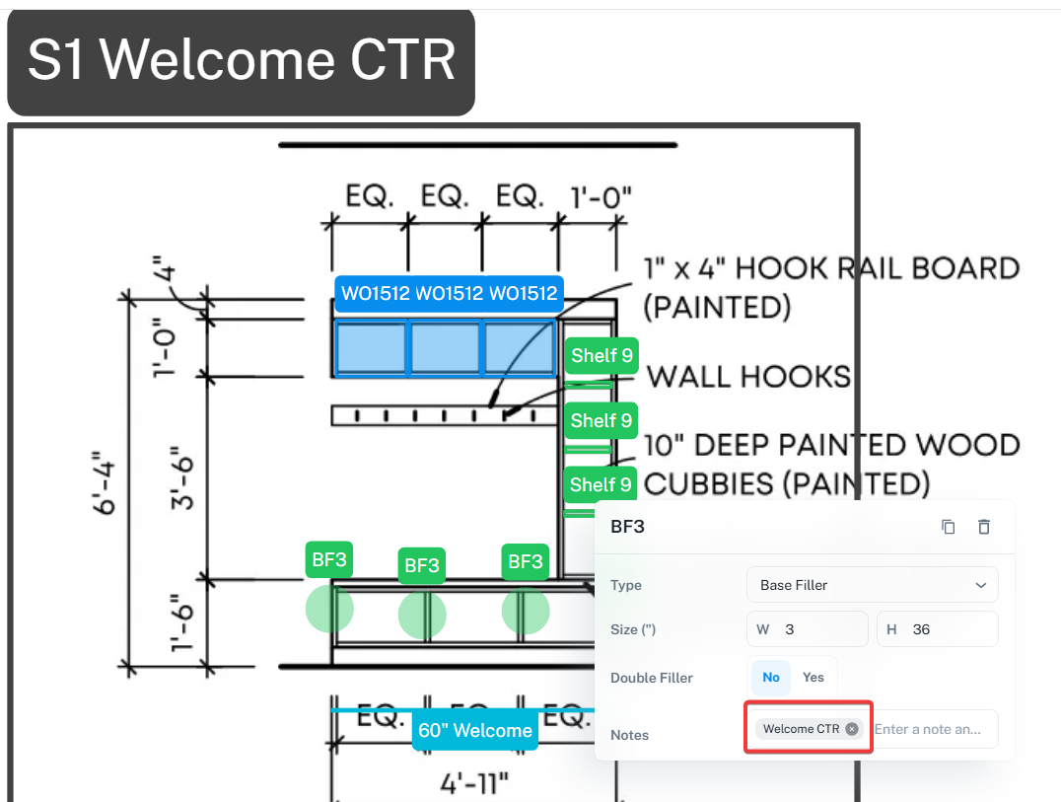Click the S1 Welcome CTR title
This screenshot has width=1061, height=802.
coord(241,59)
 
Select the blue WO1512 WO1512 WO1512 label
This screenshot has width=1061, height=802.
coord(449,294)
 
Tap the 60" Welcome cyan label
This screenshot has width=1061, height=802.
coord(475,731)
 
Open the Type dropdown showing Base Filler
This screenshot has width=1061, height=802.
coord(872,585)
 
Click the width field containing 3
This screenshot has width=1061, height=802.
coord(807,629)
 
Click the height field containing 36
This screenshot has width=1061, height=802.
coord(937,629)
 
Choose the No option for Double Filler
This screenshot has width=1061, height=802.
coord(771,678)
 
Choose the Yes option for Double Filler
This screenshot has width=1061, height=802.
coord(813,678)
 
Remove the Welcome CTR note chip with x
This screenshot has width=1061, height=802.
coord(852,729)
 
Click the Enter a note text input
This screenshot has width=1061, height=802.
coord(933,729)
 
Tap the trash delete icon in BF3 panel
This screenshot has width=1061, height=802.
coord(983,527)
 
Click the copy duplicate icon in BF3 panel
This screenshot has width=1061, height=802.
coord(949,527)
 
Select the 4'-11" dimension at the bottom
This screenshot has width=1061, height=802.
coord(475,784)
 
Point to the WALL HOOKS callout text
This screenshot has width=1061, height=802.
coord(748,376)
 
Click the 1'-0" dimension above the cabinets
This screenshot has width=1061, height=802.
coord(601,197)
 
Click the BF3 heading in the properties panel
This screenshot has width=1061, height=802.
coord(628,527)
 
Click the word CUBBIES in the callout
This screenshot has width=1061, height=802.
coord(701,483)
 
